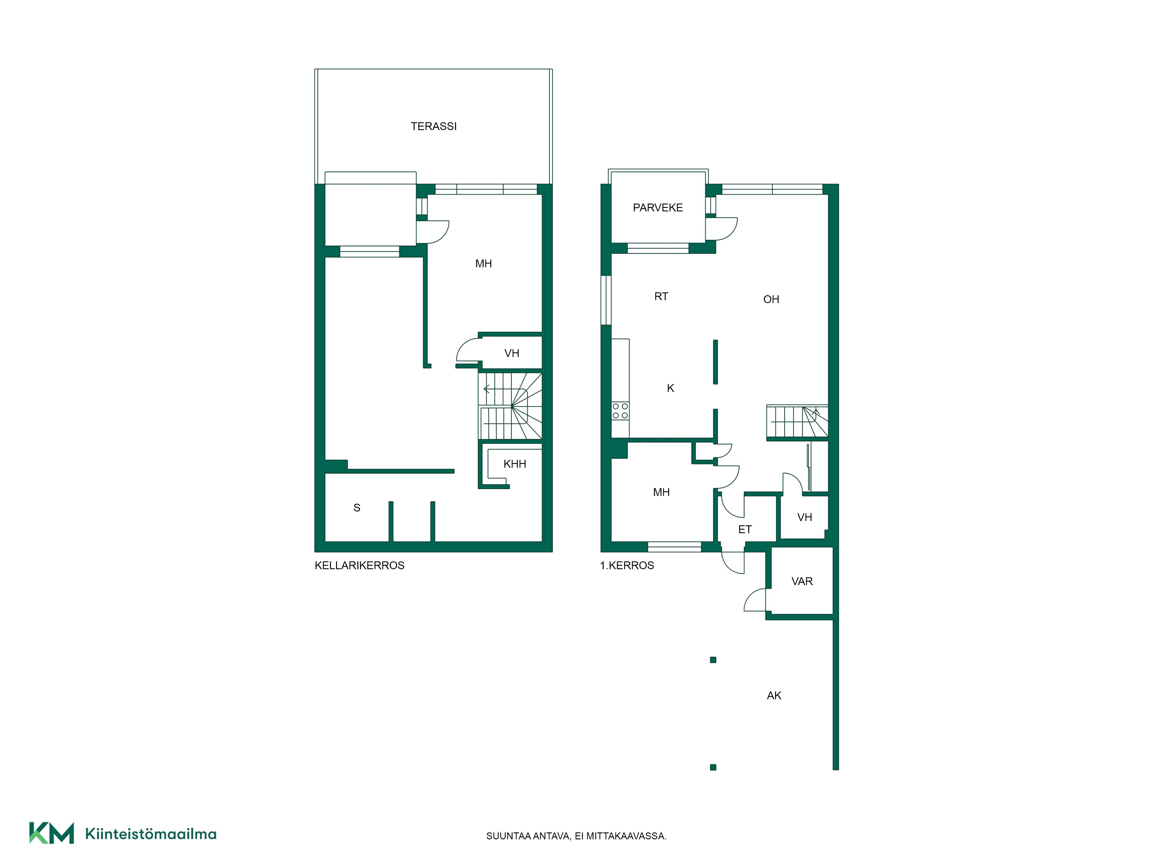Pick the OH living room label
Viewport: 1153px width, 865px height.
(x=771, y=299)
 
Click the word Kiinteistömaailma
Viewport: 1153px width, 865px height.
(x=151, y=834)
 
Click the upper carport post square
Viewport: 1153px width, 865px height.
(x=713, y=660)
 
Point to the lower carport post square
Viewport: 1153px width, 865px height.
(x=713, y=767)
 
